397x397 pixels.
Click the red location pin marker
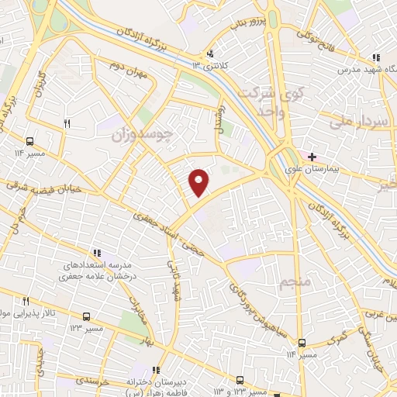(x=199, y=183)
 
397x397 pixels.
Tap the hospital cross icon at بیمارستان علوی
(x=312, y=157)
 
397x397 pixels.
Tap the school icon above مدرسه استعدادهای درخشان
(x=97, y=252)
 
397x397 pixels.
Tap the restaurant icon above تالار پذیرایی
(x=26, y=301)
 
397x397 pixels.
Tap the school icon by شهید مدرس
(x=376, y=58)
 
